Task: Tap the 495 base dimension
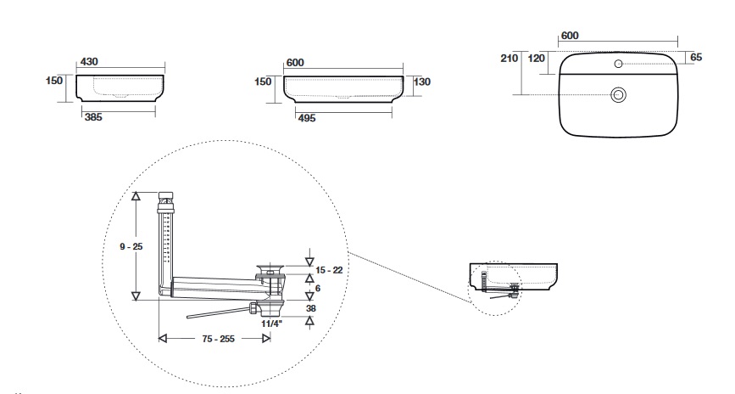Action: tap(306, 119)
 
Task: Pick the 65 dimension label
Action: tap(695, 57)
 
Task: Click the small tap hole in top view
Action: tap(618, 65)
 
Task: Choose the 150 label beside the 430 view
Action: tap(55, 81)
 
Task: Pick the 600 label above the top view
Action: tap(570, 36)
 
